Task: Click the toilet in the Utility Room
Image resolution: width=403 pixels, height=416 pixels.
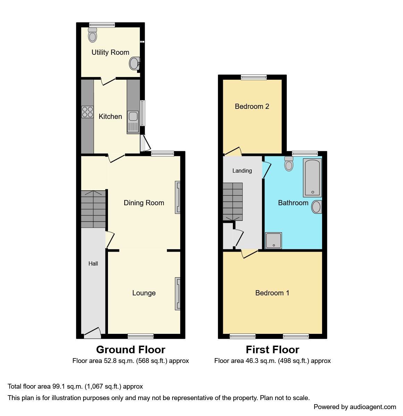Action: pos(92,35)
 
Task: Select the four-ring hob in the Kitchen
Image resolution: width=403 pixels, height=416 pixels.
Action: pos(87,112)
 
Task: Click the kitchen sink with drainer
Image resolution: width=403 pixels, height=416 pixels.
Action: pos(133,122)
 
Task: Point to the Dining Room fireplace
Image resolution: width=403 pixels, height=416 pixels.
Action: pos(177,197)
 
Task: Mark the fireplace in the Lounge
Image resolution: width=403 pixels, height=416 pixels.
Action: pos(177,294)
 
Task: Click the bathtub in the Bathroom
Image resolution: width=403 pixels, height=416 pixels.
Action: pos(312,177)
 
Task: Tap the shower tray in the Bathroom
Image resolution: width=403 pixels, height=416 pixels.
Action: pos(273,241)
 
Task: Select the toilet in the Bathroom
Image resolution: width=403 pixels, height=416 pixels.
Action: pos(289,164)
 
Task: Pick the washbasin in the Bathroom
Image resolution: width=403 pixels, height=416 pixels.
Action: pos(317,207)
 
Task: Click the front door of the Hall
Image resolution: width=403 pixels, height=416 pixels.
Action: pos(92,333)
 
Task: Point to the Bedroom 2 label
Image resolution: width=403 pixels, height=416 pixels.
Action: pos(252,106)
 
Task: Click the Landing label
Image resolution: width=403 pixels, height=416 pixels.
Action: pos(242,171)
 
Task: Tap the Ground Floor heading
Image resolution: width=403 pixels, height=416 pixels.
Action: pos(131,350)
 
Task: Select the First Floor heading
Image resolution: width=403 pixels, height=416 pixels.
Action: pos(272,350)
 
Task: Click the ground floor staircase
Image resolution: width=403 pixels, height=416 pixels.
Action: pos(93,209)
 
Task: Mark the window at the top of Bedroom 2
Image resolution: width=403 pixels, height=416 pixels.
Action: pos(254,77)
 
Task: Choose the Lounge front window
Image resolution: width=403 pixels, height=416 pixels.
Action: pos(141,336)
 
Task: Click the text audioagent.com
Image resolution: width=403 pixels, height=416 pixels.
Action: pos(373,407)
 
